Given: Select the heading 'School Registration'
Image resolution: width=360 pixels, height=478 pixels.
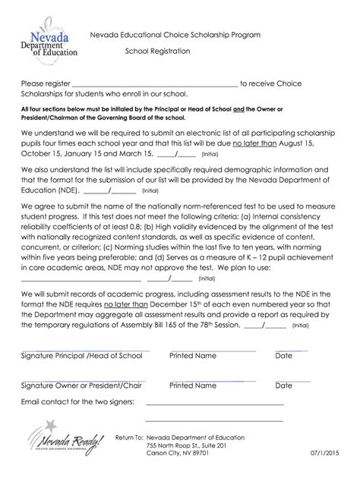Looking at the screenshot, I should (158, 52).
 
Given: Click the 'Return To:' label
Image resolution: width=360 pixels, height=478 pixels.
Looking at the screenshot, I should (128, 438).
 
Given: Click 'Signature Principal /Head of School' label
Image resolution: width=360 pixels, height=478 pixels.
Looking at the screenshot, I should (82, 356).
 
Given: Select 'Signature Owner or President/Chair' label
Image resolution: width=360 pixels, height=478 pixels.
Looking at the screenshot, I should (82, 385).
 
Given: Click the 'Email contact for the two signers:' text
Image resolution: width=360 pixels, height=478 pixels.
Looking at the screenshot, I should (78, 401).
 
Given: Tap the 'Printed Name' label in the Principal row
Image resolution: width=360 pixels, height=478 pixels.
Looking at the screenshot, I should (193, 356).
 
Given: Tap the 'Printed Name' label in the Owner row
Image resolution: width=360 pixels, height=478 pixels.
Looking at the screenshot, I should (193, 385).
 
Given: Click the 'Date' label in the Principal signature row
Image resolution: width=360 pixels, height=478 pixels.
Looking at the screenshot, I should (284, 356).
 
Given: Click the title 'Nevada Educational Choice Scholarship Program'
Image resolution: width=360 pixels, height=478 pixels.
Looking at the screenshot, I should (175, 36).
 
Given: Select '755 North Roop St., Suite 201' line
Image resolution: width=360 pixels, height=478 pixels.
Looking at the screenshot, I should (187, 445).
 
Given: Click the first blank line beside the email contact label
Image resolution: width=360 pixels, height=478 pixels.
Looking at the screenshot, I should (213, 403).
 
